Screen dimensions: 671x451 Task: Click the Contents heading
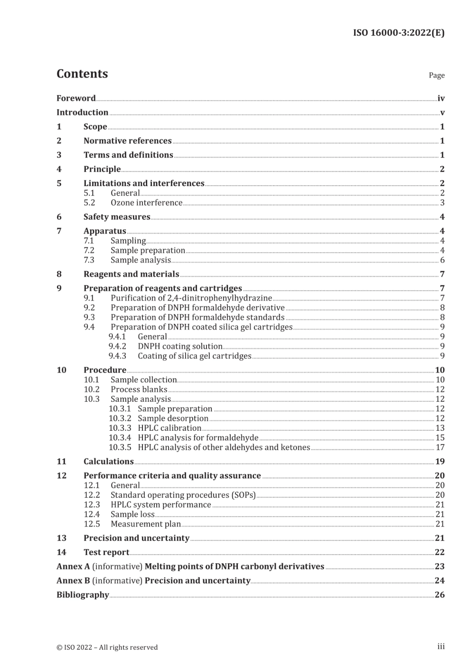82,74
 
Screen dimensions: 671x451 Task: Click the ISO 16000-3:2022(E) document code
399,33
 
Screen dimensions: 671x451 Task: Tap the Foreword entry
76,98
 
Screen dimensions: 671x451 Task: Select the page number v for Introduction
442,113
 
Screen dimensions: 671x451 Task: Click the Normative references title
127,141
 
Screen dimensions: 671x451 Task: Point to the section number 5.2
89,203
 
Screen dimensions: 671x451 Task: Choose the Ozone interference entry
146,203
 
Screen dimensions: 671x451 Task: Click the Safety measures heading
117,217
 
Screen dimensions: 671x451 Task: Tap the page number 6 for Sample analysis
442,260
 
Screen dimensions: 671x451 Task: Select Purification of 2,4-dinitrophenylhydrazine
191,298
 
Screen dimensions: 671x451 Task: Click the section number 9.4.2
117,346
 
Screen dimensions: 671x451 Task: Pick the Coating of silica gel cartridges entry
194,356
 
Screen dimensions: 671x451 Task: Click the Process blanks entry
139,389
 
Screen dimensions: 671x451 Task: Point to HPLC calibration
169,428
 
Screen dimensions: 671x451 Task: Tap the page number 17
440,447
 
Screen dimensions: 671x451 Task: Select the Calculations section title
108,462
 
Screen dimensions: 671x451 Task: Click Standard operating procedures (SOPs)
183,495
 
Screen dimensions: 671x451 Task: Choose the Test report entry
106,552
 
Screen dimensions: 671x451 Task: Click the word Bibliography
83,595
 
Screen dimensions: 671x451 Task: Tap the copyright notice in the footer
107,647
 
